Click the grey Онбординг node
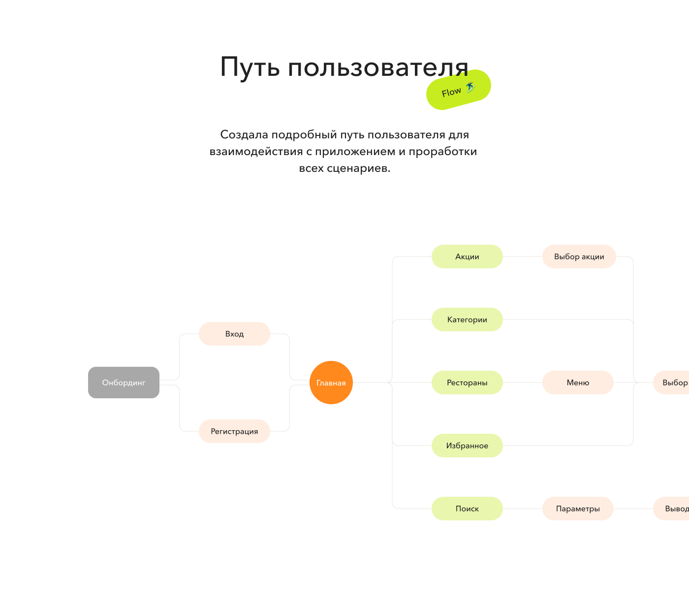coord(124,383)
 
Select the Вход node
coord(234,334)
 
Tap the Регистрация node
coord(234,431)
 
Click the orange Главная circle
coord(331,383)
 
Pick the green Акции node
coord(467,256)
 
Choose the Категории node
coord(467,320)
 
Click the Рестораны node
coord(467,383)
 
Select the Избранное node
coord(467,446)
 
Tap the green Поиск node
coord(467,509)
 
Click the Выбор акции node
coord(579,256)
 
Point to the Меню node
coord(578,383)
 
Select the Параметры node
coord(578,509)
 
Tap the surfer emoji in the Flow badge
coord(470,88)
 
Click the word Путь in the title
coord(250,67)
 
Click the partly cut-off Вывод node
coord(674,509)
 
